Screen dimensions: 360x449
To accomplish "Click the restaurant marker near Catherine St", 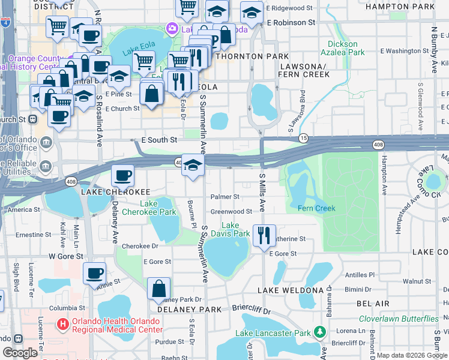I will point(264,235).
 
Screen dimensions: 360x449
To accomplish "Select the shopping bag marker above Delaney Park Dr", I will point(159,289).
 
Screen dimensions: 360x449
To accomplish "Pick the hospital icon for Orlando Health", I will point(62,325).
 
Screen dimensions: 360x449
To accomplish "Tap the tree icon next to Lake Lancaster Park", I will point(320,332).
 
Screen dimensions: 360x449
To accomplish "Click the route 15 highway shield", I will point(304,138).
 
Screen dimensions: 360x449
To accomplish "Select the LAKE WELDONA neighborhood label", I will point(291,290).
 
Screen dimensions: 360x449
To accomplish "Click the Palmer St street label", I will point(225,196).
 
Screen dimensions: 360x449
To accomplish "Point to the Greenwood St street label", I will point(231,211).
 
